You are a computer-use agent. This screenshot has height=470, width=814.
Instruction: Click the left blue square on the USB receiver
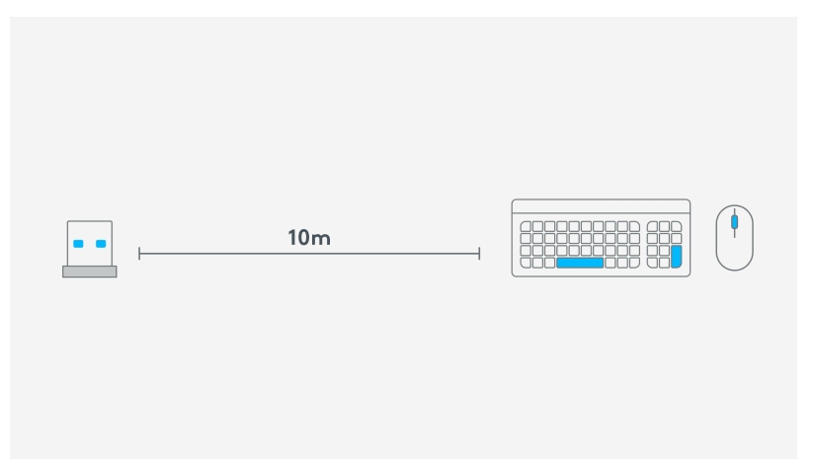78,244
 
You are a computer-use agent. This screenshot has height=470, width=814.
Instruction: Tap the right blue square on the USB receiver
101,244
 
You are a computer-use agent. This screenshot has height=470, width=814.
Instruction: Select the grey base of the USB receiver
90,272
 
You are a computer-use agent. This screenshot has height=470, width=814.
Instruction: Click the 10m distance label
309,238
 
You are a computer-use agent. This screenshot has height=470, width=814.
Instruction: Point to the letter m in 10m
321,239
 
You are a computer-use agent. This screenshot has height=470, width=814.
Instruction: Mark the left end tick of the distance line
139,254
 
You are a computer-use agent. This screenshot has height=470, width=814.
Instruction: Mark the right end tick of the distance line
479,254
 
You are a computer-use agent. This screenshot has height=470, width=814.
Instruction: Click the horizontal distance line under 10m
309,254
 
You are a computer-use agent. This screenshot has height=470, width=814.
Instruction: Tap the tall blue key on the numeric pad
676,257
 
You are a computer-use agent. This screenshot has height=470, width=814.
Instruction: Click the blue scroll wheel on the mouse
734,222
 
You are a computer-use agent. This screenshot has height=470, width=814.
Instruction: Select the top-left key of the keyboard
526,227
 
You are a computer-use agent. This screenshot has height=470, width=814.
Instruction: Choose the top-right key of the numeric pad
676,227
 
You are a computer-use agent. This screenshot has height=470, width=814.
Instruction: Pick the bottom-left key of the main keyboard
526,263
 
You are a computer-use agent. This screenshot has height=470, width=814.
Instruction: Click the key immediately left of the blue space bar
550,263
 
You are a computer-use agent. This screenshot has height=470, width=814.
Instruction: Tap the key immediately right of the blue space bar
610,263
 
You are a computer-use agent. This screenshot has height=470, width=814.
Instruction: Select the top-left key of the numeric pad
653,227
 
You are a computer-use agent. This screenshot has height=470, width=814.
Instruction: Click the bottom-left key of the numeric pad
653,263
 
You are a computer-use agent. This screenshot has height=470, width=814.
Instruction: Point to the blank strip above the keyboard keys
602,206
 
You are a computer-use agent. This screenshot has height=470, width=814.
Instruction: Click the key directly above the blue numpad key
676,239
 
